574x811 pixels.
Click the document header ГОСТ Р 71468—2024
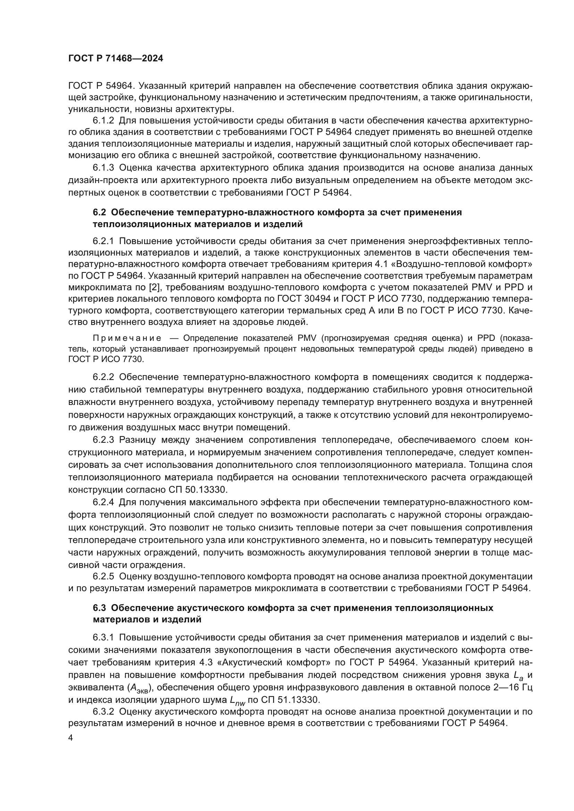116,59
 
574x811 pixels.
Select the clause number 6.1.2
103,121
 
